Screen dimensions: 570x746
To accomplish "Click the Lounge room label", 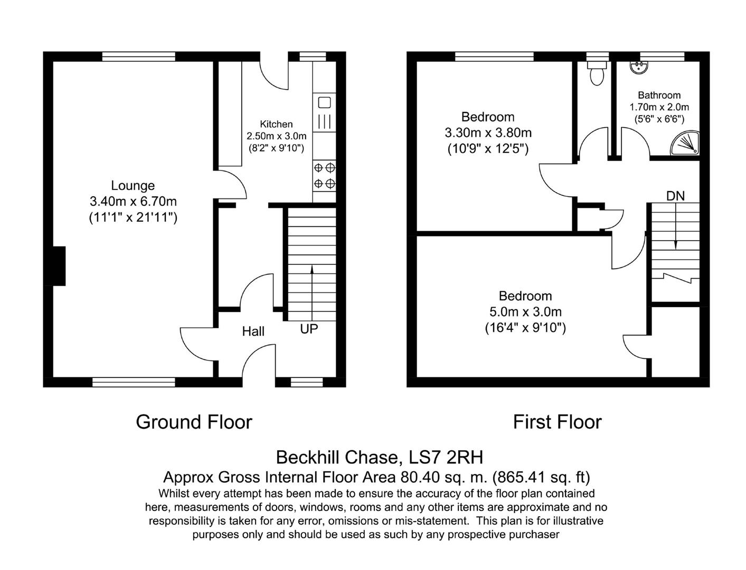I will pyautogui.click(x=133, y=186).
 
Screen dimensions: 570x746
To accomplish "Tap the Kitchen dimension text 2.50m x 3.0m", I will pyautogui.click(x=276, y=136).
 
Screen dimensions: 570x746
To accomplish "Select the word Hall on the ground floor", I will pyautogui.click(x=253, y=331).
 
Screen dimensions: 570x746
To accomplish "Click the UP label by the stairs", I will pyautogui.click(x=309, y=329).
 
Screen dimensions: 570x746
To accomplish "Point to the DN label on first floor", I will pyautogui.click(x=675, y=196).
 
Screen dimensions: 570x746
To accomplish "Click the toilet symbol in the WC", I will pyautogui.click(x=597, y=74).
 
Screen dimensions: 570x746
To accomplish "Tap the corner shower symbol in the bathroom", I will pyautogui.click(x=686, y=144).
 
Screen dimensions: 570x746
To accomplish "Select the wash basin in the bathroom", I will pyautogui.click(x=640, y=67).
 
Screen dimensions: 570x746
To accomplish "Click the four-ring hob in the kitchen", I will pyautogui.click(x=325, y=176).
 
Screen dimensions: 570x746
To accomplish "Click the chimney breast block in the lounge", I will pyautogui.click(x=58, y=266).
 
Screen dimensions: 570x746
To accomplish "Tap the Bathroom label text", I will pyautogui.click(x=659, y=96).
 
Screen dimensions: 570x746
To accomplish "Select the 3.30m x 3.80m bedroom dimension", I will pyautogui.click(x=488, y=133).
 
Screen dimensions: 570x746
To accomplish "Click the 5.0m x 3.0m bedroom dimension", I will pyautogui.click(x=525, y=312).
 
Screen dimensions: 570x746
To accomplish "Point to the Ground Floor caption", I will pyautogui.click(x=194, y=422).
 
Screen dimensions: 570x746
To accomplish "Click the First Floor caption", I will pyautogui.click(x=557, y=422).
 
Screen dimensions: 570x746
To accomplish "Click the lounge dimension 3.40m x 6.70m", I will pyautogui.click(x=133, y=202).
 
